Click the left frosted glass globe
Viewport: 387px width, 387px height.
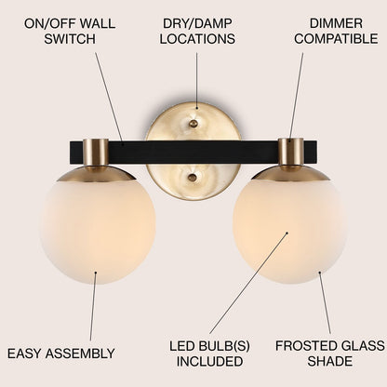click(97, 225)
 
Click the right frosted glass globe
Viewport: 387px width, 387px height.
click(289, 225)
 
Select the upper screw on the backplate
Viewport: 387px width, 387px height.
click(193, 122)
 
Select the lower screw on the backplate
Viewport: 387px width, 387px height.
click(193, 177)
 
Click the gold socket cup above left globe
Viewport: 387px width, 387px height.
click(97, 153)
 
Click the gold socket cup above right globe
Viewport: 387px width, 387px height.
click(290, 152)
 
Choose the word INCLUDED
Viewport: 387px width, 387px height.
click(208, 363)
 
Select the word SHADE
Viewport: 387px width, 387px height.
click(330, 363)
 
